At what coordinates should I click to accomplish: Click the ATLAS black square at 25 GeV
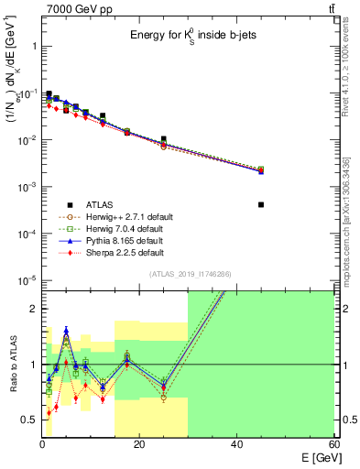point(164,139)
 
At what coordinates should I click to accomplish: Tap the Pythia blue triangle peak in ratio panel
point(66,329)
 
